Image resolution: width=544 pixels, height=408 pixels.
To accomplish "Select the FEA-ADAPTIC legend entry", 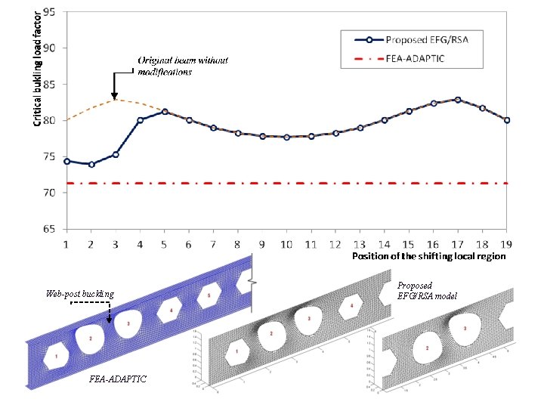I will pos(419,59).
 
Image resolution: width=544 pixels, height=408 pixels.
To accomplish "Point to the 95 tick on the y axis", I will pos(51,12).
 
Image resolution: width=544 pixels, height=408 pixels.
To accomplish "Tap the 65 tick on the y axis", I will pos(51,228).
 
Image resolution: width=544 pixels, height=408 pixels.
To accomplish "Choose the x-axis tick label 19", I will pos(507,244).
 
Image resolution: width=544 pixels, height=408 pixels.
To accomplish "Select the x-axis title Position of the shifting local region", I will pos(428,256).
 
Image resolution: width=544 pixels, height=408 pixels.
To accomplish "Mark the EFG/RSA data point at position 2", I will pos(91,164).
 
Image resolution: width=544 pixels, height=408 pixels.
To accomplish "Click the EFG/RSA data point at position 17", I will pos(458,99).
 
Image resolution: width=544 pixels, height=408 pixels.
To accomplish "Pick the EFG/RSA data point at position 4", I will pos(141,120).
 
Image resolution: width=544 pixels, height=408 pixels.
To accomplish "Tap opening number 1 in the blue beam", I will pos(56,354).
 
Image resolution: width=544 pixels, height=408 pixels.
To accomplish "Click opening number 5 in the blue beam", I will pos(209,295).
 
